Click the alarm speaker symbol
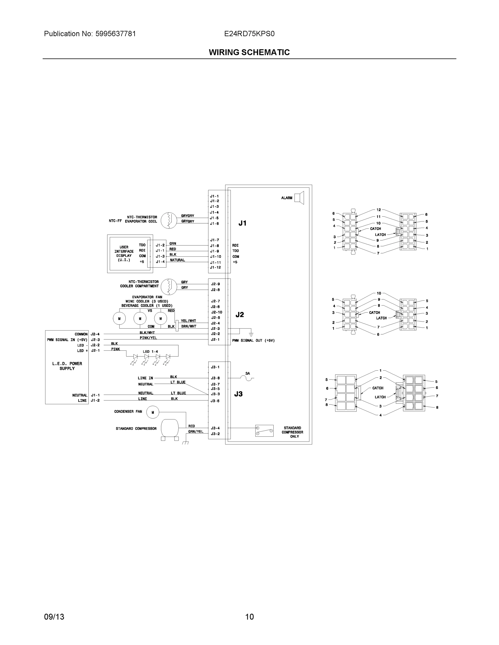[x=299, y=198]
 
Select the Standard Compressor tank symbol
[x=170, y=428]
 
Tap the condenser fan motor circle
[x=153, y=412]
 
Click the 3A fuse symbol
[x=248, y=378]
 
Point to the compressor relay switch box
[x=264, y=431]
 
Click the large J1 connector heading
[x=242, y=223]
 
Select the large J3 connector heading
[x=238, y=394]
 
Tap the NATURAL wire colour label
[x=177, y=260]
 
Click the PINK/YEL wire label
[x=148, y=338]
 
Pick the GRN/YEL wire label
[x=196, y=431]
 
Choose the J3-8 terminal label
[x=215, y=378]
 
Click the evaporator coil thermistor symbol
[x=169, y=220]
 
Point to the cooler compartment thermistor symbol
[x=169, y=286]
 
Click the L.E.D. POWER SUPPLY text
[x=67, y=366]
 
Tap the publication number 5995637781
[x=116, y=34]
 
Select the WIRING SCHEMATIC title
[x=249, y=52]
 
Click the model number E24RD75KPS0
[x=249, y=34]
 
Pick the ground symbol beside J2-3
[x=251, y=334]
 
